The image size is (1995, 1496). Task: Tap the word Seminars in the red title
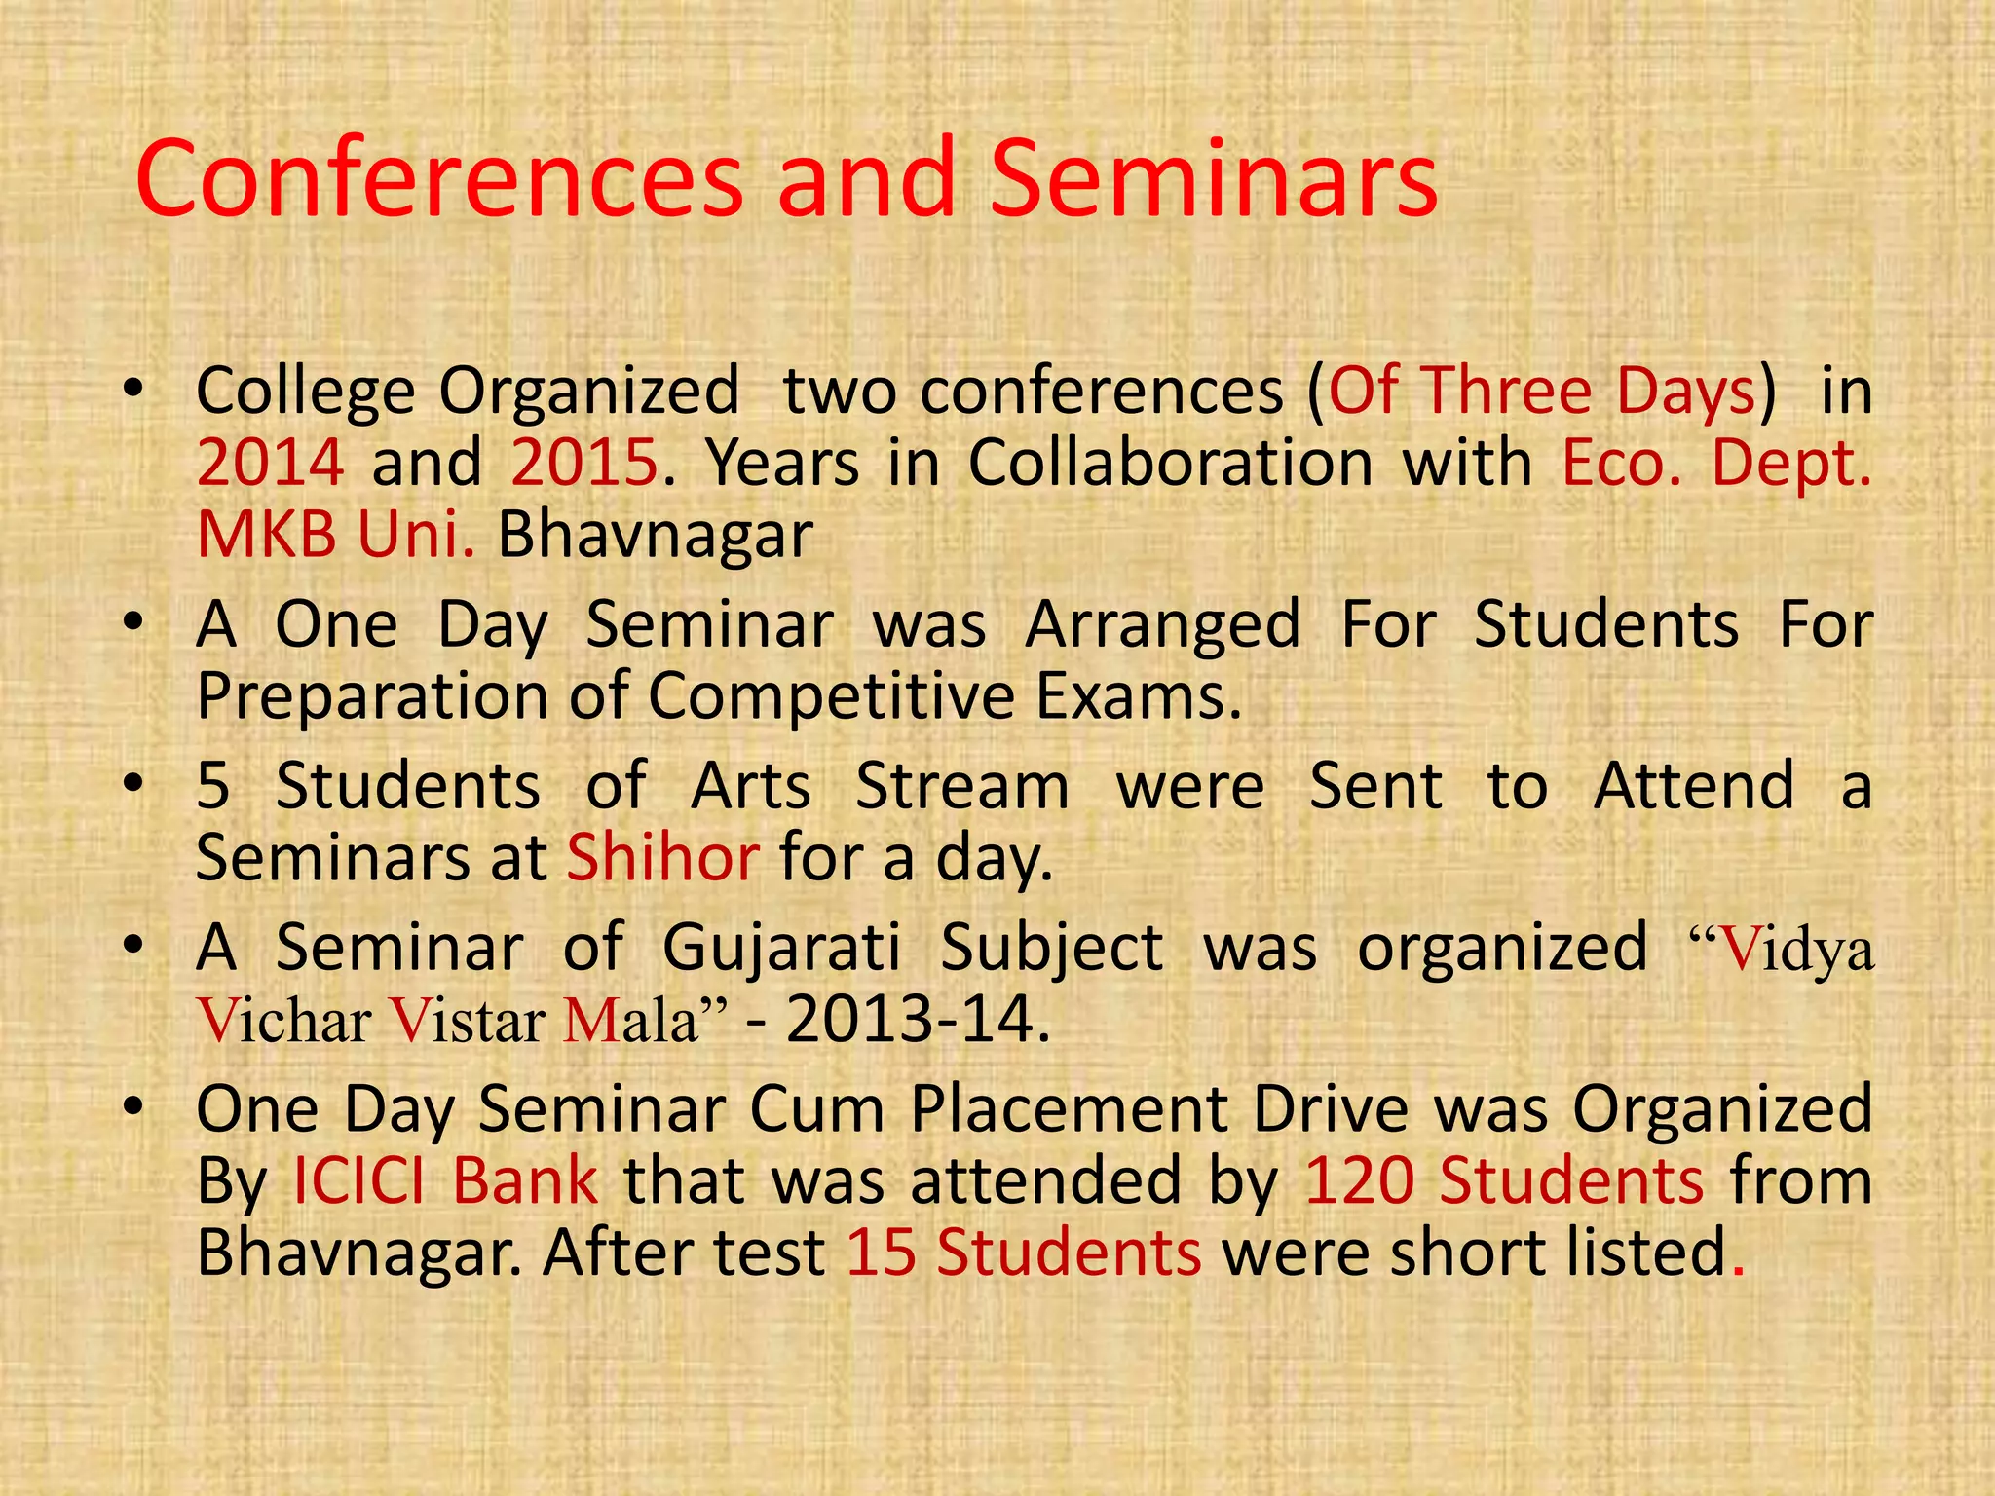click(x=1212, y=180)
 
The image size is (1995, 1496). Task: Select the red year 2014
click(x=270, y=463)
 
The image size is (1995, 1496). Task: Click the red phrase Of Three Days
click(x=1541, y=392)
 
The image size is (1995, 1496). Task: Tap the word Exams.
click(x=1138, y=697)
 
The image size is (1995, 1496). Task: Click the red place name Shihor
click(x=662, y=858)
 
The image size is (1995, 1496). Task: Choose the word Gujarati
click(x=781, y=948)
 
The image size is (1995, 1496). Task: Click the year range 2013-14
click(x=918, y=1020)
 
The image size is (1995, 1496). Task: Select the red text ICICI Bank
click(x=445, y=1181)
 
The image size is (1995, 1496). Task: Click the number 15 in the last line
click(x=881, y=1253)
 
